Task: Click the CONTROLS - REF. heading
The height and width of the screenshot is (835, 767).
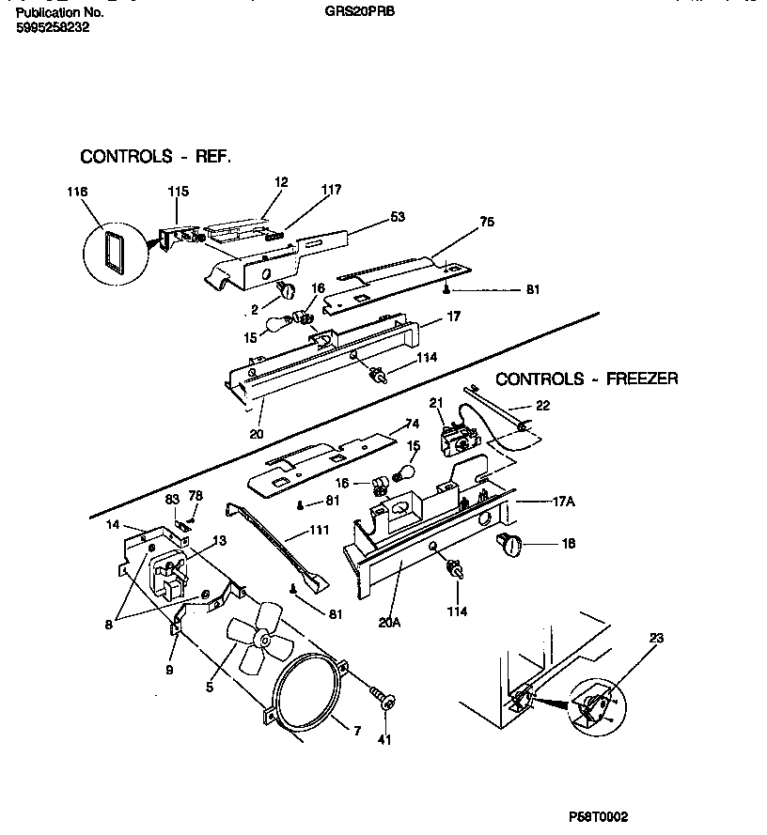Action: pos(155,156)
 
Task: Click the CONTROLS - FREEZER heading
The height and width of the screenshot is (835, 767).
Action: pos(587,379)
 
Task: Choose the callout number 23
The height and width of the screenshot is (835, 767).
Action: pos(655,639)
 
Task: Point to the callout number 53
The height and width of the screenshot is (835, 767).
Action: pos(397,217)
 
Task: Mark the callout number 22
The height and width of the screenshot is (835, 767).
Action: pos(543,406)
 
